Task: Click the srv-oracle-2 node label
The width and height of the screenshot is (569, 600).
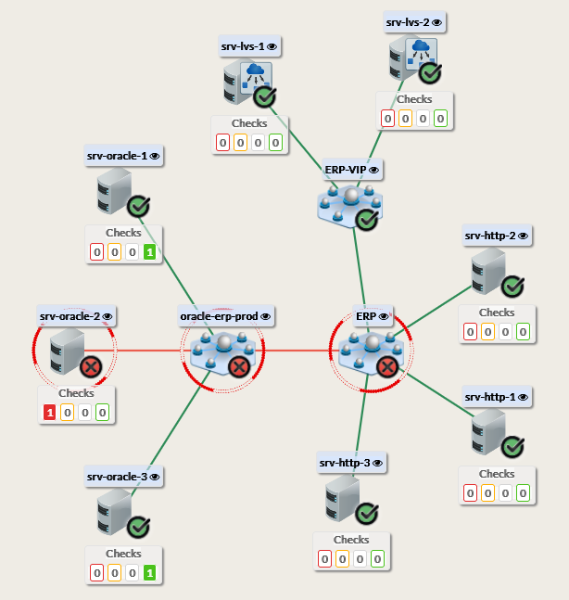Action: tap(70, 316)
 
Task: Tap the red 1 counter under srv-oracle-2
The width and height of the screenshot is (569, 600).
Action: tap(50, 413)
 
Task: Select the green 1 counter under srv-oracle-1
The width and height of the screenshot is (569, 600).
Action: tap(149, 251)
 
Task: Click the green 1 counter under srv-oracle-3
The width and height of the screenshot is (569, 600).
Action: tap(149, 572)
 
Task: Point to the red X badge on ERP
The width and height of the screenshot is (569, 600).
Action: tap(387, 367)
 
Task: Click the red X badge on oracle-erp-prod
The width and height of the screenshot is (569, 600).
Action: tap(238, 367)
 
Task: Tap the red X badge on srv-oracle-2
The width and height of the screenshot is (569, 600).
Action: tap(91, 367)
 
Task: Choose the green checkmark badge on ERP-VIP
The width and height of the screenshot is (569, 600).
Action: tap(367, 220)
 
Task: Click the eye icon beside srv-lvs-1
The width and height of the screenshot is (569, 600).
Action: tap(272, 45)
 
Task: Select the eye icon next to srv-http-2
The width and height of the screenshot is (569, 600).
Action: tap(523, 236)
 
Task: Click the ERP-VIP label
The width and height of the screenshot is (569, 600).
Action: tap(346, 171)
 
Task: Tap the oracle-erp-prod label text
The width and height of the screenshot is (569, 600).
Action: tap(219, 316)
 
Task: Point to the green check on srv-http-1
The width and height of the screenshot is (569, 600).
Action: tap(513, 447)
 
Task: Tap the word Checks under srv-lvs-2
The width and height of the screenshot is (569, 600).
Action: tap(414, 99)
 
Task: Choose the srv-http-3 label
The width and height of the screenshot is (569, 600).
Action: tap(345, 462)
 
